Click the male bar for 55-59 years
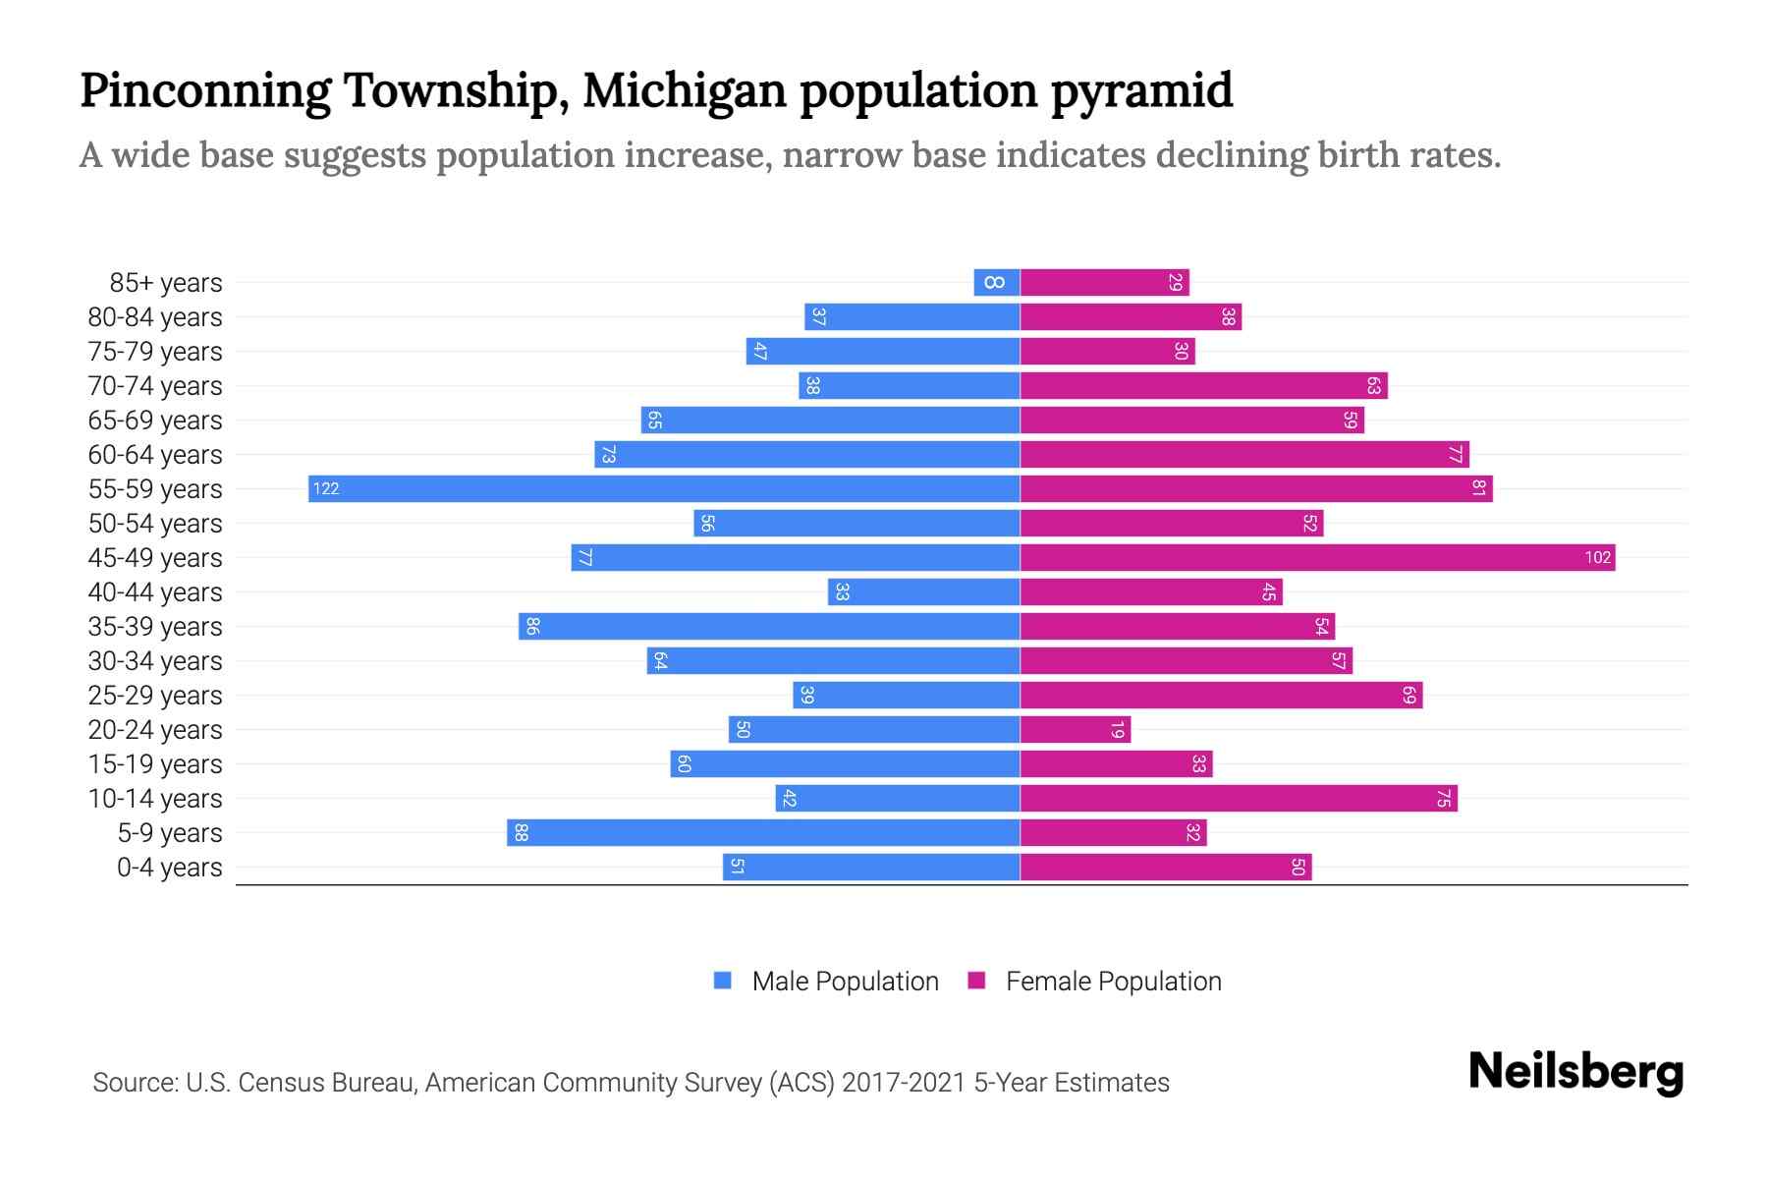(664, 488)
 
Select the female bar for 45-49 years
(1316, 557)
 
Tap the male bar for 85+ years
(996, 282)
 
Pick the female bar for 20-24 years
(1075, 729)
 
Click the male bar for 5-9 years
(763, 832)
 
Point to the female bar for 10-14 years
(1238, 798)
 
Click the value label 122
(326, 488)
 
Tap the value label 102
(1597, 557)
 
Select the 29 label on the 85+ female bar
(1175, 282)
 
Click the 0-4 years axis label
(169, 868)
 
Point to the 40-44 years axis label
(155, 592)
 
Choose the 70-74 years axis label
(155, 386)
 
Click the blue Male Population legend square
(723, 981)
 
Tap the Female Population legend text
(1113, 981)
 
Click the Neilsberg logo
(1575, 1071)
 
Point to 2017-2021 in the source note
(904, 1083)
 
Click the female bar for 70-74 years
(1203, 385)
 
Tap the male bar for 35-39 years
(769, 626)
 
